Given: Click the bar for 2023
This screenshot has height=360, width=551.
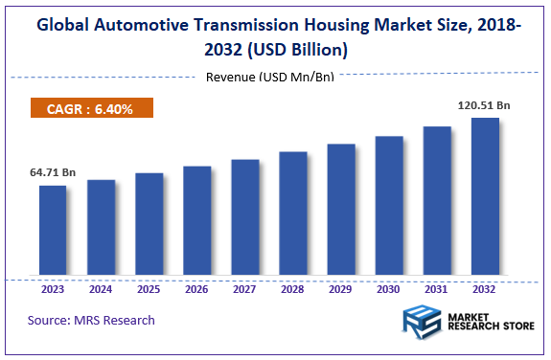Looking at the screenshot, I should (x=53, y=231).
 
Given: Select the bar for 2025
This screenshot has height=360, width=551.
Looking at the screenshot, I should (x=149, y=225).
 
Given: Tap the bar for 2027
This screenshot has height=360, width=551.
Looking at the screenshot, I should (x=245, y=218).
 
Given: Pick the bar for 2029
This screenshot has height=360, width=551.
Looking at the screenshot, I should (x=341, y=211).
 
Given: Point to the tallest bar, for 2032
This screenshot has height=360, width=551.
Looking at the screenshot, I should (x=485, y=197).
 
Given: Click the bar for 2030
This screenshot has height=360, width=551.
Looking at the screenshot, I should (x=389, y=207).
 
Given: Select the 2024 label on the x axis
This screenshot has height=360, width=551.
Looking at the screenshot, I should (x=101, y=288).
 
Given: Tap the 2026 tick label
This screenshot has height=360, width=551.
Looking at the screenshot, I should (x=196, y=288).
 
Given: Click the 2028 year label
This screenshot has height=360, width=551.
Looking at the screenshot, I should (x=293, y=288).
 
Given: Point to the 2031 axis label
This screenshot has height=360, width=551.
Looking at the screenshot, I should (x=437, y=288).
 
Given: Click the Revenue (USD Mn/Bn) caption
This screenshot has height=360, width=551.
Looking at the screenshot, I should (x=270, y=77).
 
